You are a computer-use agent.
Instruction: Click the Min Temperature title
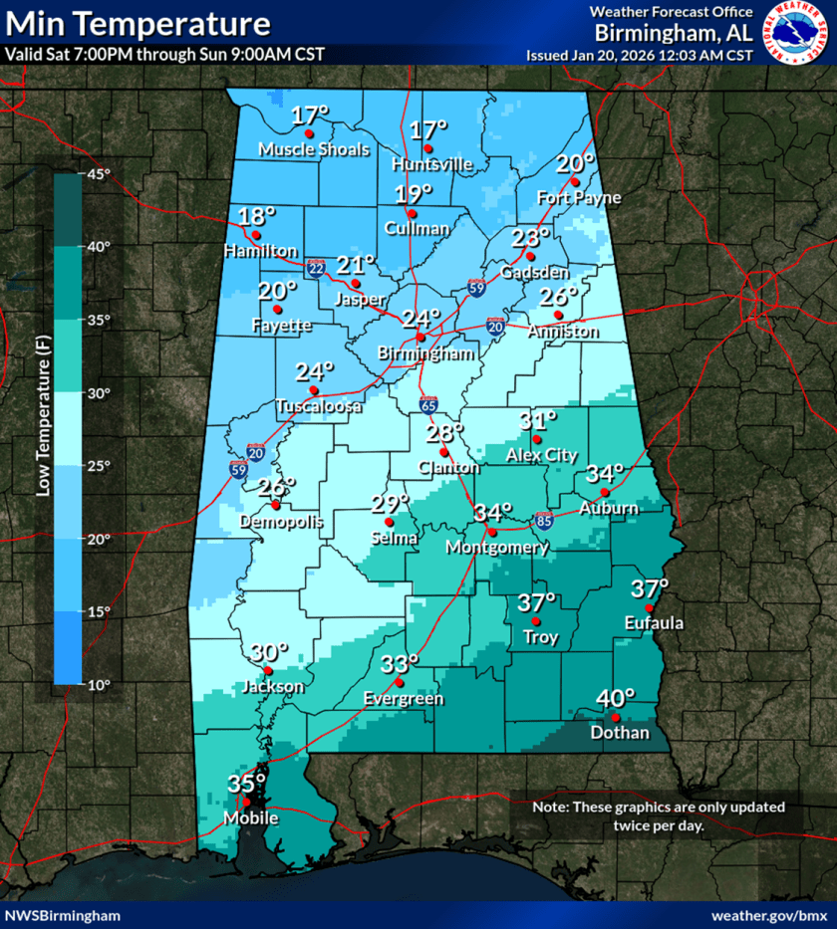[x=138, y=24]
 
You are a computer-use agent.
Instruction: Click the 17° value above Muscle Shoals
[x=310, y=116]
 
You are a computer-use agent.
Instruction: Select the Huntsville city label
[x=431, y=164]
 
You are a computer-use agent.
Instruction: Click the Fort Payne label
[x=578, y=198]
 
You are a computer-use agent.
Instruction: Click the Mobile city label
[x=244, y=818]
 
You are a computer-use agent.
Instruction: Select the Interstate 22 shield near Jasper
[x=316, y=269]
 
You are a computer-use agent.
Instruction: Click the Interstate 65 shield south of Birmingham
[x=427, y=405]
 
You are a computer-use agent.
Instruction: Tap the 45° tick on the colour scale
[x=98, y=174]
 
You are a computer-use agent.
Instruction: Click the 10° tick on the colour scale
[x=98, y=685]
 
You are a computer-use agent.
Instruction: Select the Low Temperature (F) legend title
[x=43, y=428]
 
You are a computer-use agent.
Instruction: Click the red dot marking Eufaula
[x=649, y=608]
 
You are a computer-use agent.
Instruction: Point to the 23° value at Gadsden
[x=531, y=238]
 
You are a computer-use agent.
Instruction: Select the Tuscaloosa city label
[x=320, y=406]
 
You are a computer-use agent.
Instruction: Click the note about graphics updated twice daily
[x=659, y=815]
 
